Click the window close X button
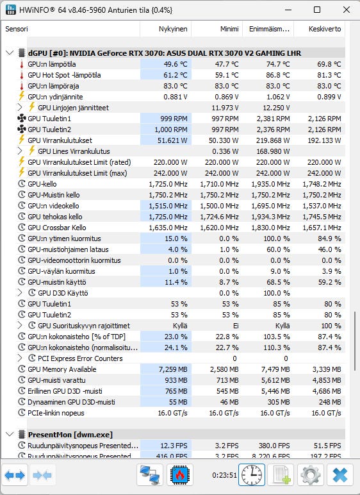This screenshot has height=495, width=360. click(346, 10)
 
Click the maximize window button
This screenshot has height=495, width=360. click(317, 10)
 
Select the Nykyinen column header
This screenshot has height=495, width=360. click(173, 29)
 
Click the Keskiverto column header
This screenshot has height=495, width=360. click(325, 29)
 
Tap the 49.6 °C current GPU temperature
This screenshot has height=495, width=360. click(176, 64)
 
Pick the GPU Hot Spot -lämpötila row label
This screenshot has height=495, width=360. click(64, 75)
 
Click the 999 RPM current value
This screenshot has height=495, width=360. click(174, 119)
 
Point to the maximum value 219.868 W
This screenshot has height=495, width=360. click(274, 140)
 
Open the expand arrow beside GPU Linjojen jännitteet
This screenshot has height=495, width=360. click(20, 108)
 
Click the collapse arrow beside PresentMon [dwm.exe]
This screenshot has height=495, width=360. click(10, 435)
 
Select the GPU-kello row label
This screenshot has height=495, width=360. click(42, 184)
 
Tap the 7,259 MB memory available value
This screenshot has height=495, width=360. click(173, 369)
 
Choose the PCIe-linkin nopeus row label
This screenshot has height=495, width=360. click(56, 413)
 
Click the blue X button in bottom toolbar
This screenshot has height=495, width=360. click(340, 474)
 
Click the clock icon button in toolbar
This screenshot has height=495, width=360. click(252, 474)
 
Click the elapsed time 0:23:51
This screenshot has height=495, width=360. click(224, 475)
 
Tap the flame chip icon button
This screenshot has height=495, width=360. click(179, 474)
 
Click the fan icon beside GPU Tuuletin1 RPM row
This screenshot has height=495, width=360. click(21, 119)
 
